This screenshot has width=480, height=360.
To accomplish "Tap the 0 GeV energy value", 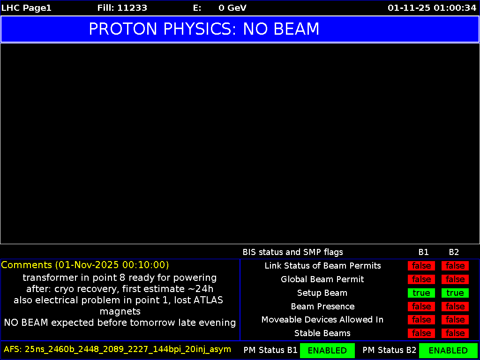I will (x=232, y=8).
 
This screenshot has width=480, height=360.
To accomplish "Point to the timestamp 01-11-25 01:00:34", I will (x=432, y=8).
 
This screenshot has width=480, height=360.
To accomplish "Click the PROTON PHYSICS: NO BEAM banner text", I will (x=204, y=29).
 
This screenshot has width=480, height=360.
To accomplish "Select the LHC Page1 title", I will (x=26, y=8).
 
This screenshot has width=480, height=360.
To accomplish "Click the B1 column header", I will (x=424, y=252).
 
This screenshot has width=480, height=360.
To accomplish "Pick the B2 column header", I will (x=454, y=252).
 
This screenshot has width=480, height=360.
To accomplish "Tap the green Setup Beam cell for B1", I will (x=421, y=293).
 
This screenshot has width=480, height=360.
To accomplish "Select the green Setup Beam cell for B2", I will (x=455, y=293).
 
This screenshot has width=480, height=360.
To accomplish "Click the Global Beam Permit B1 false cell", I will (x=421, y=279).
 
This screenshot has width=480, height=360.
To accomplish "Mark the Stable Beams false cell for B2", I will (x=455, y=333).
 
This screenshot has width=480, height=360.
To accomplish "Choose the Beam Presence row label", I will (x=322, y=307).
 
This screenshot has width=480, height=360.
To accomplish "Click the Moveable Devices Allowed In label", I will (x=322, y=320).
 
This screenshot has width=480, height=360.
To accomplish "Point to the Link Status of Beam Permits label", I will (x=322, y=266).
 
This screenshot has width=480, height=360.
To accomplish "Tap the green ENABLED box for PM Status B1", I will (x=327, y=350).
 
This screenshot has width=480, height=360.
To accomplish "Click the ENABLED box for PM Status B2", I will (x=448, y=350).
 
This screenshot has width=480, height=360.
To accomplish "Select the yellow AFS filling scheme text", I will (x=117, y=349).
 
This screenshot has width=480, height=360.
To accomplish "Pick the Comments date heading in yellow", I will (x=85, y=265).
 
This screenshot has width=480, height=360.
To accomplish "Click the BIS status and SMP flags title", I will (x=292, y=252).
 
